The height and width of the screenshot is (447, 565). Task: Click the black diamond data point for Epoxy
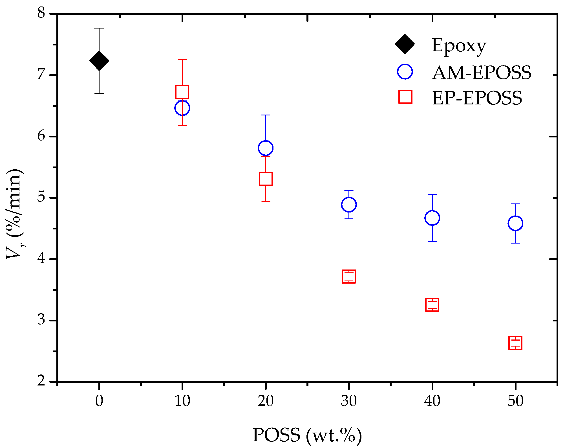99,60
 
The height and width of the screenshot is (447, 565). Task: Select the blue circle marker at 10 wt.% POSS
182,108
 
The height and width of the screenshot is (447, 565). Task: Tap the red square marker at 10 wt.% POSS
182,92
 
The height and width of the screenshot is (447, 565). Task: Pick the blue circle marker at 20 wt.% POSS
265,148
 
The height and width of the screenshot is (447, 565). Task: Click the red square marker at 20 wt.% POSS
265,179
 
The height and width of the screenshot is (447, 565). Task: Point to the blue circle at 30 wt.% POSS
349,204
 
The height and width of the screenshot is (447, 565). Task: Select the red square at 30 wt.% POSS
349,276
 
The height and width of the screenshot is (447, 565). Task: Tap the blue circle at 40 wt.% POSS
432,218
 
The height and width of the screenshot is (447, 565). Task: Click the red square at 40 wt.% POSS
432,305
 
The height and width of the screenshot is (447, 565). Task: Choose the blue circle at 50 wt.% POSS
515,223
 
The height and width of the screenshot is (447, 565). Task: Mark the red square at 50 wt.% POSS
515,343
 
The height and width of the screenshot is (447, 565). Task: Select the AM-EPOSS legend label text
482,73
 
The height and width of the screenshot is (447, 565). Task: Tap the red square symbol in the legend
405,97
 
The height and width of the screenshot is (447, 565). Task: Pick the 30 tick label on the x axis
349,401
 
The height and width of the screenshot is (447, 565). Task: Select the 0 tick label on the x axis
99,401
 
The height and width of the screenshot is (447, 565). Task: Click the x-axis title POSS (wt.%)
307,435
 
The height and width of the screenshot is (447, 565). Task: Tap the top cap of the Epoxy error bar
99,28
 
